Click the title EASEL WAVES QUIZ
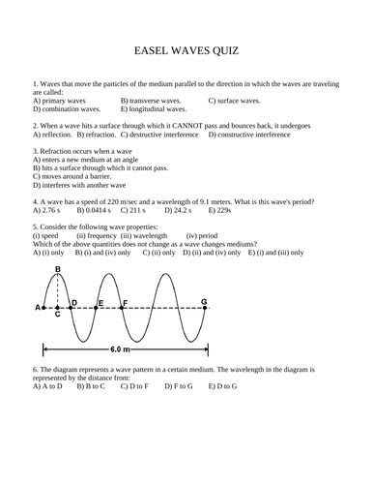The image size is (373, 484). (x=186, y=49)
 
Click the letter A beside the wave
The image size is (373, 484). (x=38, y=308)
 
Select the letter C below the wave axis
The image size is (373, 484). (x=58, y=314)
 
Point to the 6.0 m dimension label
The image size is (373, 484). (x=119, y=348)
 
